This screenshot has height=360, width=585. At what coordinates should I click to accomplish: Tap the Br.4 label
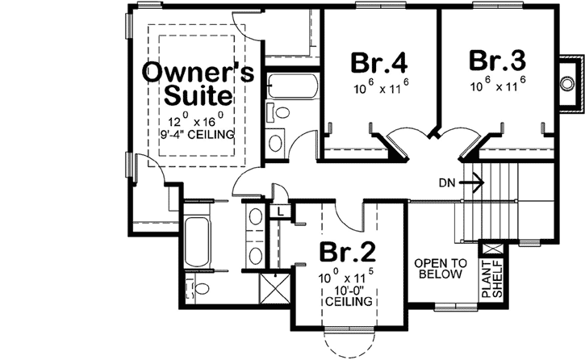pyautogui.click(x=378, y=62)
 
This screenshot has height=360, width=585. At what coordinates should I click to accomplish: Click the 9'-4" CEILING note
pyautogui.click(x=198, y=134)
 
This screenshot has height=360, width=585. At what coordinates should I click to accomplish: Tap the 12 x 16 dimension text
pyautogui.click(x=198, y=119)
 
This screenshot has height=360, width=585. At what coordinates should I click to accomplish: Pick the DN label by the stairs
pyautogui.click(x=449, y=183)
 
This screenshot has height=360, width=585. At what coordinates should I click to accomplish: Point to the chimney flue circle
pyautogui.click(x=567, y=83)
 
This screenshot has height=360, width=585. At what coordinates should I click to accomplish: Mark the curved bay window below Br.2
pyautogui.click(x=349, y=338)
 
